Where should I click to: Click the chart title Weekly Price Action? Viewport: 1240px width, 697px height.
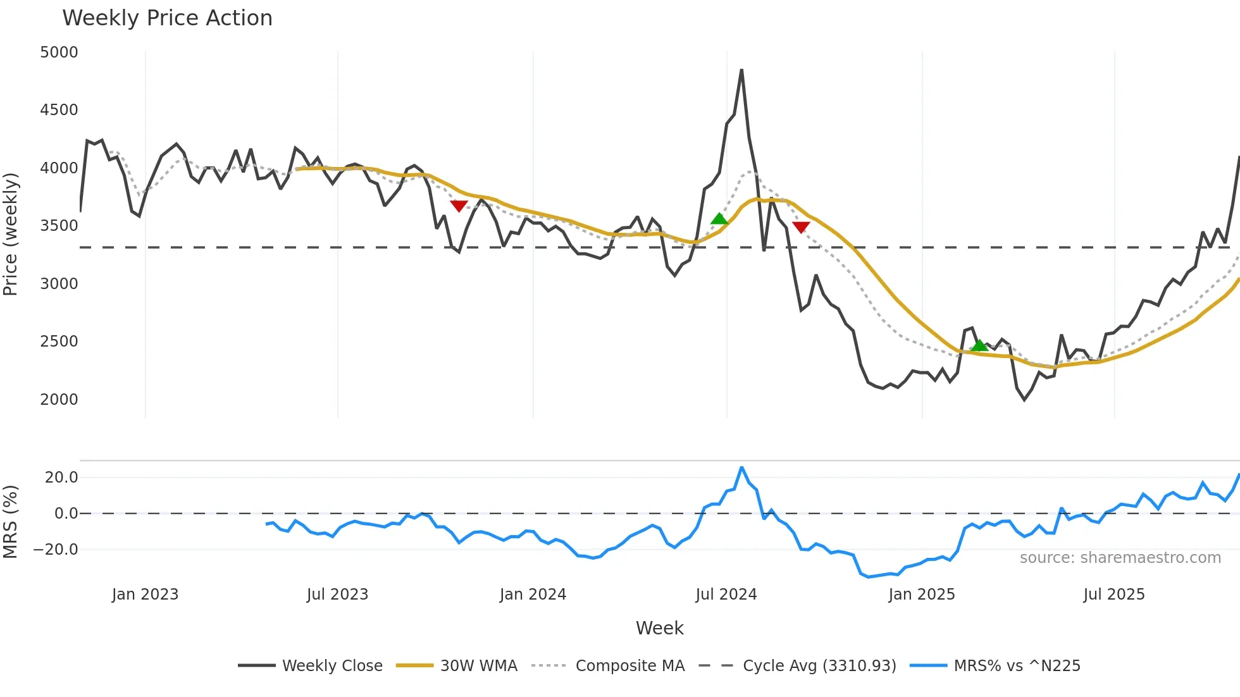(167, 18)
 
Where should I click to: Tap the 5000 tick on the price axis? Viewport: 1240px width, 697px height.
(59, 52)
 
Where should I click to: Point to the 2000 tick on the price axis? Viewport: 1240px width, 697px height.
(59, 400)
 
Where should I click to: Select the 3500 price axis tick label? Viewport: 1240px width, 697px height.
(59, 226)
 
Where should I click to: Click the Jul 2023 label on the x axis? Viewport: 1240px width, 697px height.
(337, 595)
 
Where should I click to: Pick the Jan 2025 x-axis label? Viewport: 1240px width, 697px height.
(921, 595)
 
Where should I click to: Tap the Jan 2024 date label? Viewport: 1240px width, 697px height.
(533, 595)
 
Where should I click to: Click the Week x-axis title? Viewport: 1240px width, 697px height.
(659, 628)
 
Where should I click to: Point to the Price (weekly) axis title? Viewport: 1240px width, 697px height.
(11, 234)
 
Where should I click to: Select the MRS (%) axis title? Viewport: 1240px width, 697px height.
(11, 522)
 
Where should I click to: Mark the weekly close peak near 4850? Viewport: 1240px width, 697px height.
(741, 70)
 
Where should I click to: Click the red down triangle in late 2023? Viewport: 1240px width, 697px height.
(459, 206)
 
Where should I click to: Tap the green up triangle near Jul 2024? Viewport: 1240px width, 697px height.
(719, 219)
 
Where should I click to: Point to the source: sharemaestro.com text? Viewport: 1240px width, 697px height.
(1120, 558)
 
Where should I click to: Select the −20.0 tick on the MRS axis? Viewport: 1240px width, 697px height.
(56, 550)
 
